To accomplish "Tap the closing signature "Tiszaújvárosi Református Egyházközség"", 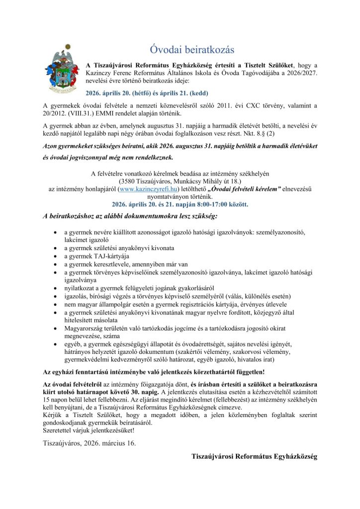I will click(254, 456).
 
